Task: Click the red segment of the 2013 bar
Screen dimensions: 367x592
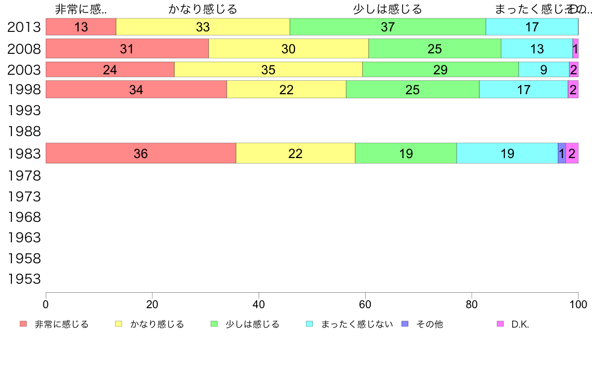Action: point(81,27)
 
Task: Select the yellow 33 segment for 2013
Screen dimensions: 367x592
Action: point(203,27)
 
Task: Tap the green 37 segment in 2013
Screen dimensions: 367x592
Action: point(388,27)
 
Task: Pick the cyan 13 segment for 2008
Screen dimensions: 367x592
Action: point(537,48)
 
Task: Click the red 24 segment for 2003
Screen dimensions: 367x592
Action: point(110,69)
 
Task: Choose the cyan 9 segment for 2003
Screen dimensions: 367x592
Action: point(543,69)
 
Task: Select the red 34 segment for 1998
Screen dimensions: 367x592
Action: point(136,89)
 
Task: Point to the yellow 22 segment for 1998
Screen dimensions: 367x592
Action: point(286,89)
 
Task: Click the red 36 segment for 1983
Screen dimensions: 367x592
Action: point(141,153)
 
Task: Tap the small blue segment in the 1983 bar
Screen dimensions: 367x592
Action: point(562,153)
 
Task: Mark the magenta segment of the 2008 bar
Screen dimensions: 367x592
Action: point(575,48)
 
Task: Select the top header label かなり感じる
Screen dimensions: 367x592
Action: point(203,9)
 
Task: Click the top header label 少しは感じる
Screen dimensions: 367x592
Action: point(387,9)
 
